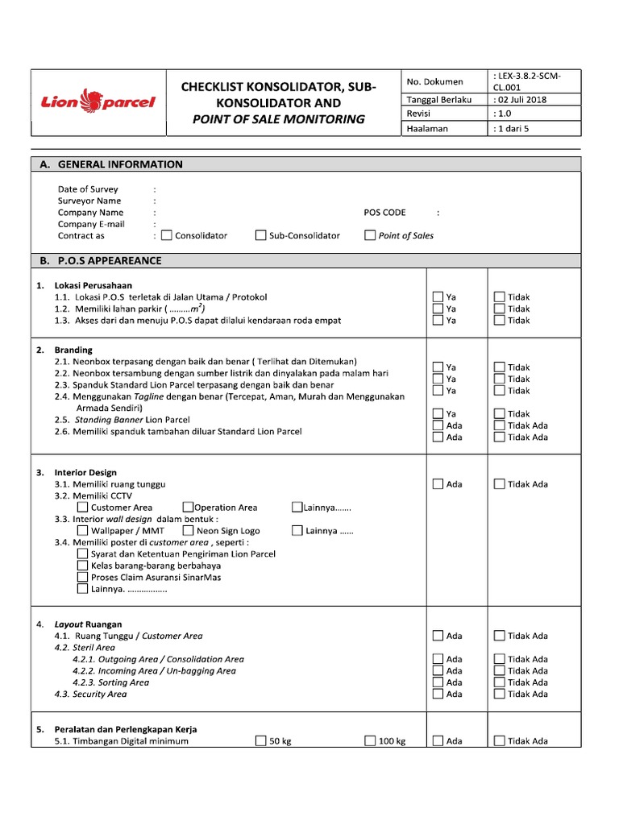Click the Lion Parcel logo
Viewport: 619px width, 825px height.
(98, 102)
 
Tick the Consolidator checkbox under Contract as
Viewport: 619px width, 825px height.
(167, 236)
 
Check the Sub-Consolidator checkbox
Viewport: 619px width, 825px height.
(261, 236)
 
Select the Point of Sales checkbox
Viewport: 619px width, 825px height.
(370, 236)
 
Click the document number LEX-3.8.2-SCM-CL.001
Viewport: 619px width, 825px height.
(528, 81)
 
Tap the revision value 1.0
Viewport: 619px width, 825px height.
(505, 114)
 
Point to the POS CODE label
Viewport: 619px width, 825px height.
(385, 213)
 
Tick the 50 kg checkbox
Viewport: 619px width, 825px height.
(261, 741)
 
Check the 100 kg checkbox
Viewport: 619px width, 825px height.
(370, 741)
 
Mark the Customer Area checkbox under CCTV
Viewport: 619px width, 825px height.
(83, 508)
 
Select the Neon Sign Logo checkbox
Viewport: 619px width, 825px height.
(188, 531)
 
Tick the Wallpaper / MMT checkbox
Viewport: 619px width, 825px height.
(83, 531)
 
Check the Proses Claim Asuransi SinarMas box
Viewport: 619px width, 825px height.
(83, 577)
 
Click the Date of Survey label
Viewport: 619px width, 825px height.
(88, 189)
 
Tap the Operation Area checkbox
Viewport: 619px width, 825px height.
(188, 508)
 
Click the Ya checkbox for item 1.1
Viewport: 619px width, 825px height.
(438, 297)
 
